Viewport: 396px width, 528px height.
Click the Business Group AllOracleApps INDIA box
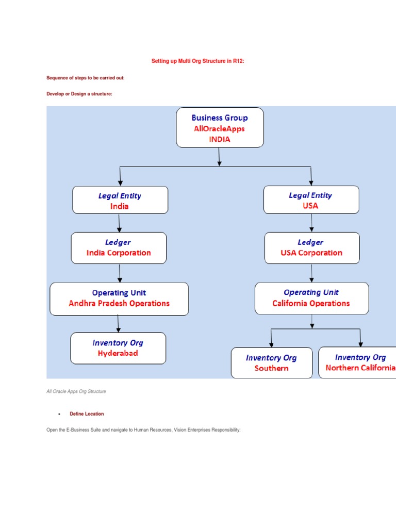[x=220, y=128]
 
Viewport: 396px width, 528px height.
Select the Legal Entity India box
[x=120, y=200]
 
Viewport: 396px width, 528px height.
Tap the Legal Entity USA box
[x=311, y=200]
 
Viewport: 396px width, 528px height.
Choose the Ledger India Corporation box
[x=119, y=248]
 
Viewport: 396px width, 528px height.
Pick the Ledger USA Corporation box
[x=311, y=248]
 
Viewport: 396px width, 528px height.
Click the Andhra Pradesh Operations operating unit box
[x=119, y=299]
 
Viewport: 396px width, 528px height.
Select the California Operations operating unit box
[x=311, y=298]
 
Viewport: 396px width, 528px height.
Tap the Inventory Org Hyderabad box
[x=118, y=348]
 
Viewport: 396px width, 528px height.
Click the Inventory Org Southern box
[x=271, y=363]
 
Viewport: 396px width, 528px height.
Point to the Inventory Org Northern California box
[x=359, y=362]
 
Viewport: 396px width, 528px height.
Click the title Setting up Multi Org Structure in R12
[x=197, y=61]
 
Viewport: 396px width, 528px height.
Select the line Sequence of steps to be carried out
[x=86, y=78]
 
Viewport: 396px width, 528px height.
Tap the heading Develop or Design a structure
[x=79, y=94]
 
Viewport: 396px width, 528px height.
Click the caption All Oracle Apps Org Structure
[x=76, y=391]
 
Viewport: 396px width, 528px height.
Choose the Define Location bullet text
[x=87, y=414]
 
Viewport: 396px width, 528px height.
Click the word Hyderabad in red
[x=118, y=354]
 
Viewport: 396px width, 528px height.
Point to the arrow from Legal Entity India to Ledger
[x=119, y=223]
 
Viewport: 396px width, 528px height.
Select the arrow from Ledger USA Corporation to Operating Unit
[x=311, y=273]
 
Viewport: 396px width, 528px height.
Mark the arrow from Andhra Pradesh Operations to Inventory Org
[x=119, y=323]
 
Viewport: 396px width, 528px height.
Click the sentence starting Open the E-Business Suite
[x=143, y=430]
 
